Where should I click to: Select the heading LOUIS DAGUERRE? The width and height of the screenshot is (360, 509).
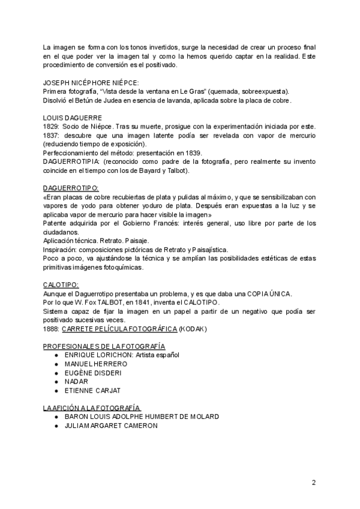[73, 118]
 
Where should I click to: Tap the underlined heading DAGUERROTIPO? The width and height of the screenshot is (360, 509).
[71, 188]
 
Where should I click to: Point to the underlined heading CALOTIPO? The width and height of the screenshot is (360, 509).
[61, 285]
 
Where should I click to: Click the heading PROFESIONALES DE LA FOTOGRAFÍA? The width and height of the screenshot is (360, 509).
[104, 346]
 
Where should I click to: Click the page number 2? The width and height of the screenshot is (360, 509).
[313, 483]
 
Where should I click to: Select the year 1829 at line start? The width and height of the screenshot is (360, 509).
[52, 127]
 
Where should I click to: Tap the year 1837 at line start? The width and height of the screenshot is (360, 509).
[52, 136]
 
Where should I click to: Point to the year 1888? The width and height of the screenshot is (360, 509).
[52, 328]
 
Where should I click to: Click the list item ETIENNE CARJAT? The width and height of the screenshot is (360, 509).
[96, 390]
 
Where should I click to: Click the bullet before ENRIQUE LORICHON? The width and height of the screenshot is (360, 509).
[56, 355]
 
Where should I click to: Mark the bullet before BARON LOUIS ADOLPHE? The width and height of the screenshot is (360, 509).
[56, 417]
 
